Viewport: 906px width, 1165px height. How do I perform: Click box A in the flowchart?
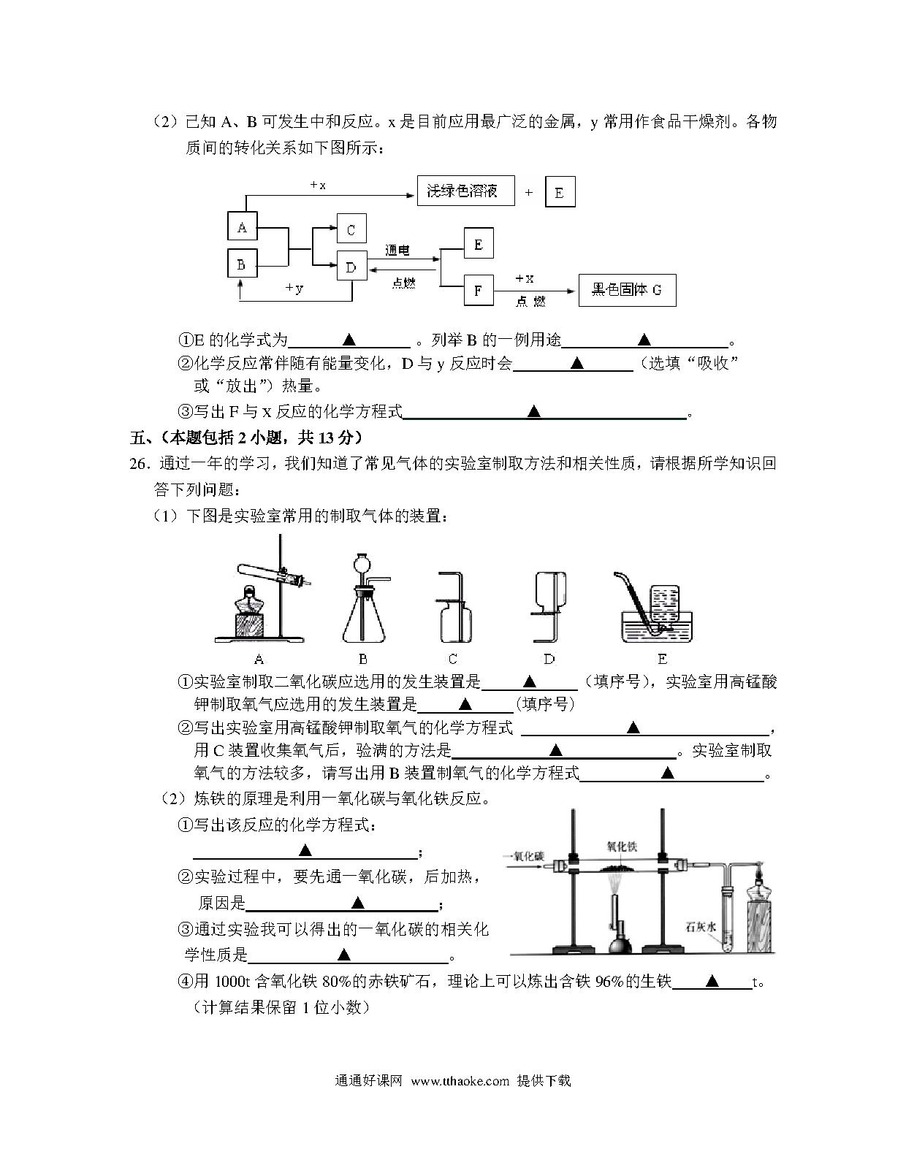[243, 226]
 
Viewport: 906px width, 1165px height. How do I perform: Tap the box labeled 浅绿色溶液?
[466, 191]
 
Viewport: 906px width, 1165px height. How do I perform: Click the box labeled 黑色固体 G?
[627, 290]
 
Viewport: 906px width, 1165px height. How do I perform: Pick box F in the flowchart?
[478, 290]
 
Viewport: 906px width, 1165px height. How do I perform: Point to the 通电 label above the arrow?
[397, 250]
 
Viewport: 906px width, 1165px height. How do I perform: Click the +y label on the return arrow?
[294, 288]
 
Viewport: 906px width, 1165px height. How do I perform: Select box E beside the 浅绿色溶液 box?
[560, 191]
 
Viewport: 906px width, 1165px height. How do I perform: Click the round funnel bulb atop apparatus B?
[363, 564]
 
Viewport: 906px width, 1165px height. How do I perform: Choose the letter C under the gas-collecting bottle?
[453, 659]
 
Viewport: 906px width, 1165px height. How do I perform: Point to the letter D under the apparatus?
[549, 659]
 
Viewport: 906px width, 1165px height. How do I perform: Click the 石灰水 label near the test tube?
[701, 927]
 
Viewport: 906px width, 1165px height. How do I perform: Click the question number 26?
[138, 464]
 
